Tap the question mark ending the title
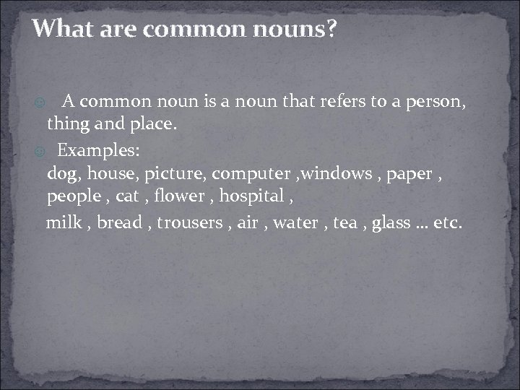click(x=331, y=30)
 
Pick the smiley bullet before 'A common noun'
click(x=40, y=103)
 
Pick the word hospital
click(x=251, y=196)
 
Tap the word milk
click(x=64, y=222)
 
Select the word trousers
click(x=190, y=222)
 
